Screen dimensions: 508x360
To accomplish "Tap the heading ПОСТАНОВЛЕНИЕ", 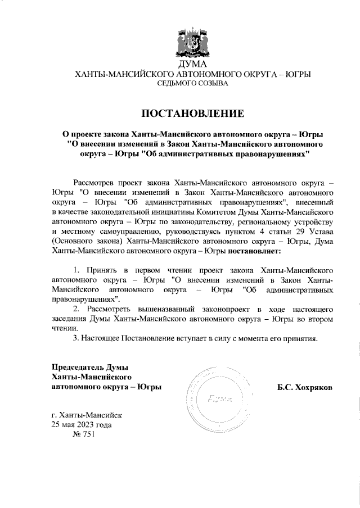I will tap(192, 114).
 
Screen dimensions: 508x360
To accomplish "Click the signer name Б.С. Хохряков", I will tap(304, 387).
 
